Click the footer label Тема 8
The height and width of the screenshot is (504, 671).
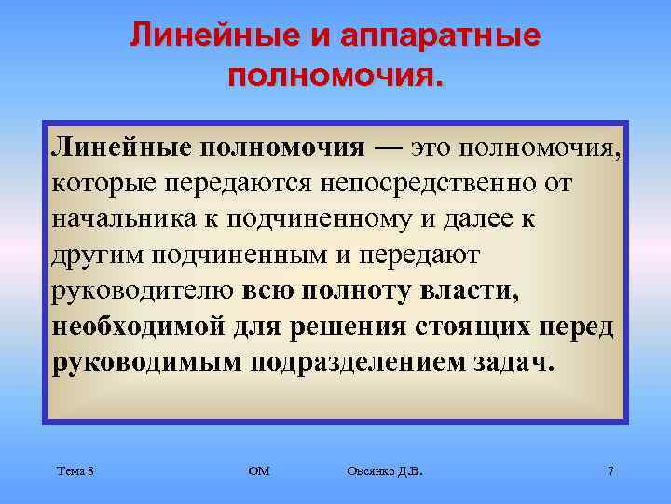point(75,471)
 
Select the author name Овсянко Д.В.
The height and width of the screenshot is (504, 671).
point(383,471)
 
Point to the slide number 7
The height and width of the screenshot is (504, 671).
point(610,471)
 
